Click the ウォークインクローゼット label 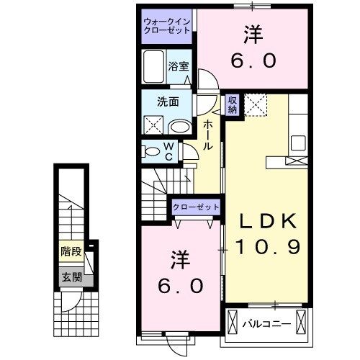coord(166,27)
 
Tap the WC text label coord(168,151)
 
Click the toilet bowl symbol coord(152,151)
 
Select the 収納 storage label coord(233,104)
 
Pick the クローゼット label coord(196,207)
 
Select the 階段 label coord(70,252)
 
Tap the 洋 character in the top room coord(253,34)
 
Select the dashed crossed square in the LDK coord(256,105)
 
